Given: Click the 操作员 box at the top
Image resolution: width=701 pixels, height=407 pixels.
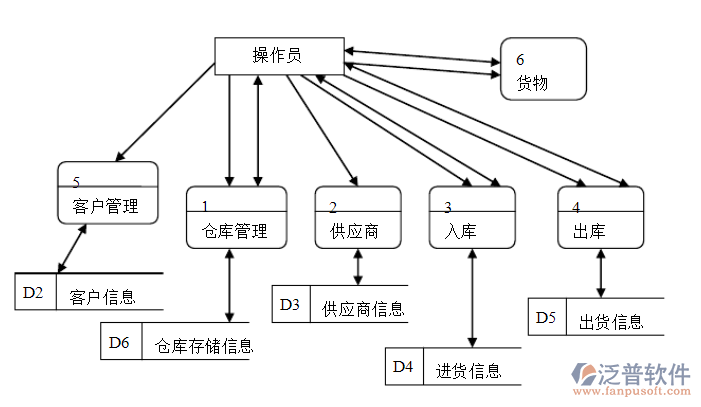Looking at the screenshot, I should pyautogui.click(x=279, y=54).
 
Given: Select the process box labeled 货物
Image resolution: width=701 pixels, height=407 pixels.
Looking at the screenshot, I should pyautogui.click(x=543, y=69).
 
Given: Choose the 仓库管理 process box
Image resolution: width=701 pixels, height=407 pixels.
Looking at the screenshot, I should pyautogui.click(x=235, y=217).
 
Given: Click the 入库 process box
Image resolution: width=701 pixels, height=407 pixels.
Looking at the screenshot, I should pyautogui.click(x=473, y=217).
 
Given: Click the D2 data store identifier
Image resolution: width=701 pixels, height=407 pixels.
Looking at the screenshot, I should pyautogui.click(x=33, y=293).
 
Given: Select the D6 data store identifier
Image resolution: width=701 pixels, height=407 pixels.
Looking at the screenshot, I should pyautogui.click(x=119, y=342).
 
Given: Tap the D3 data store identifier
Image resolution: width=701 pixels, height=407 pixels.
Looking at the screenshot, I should pyautogui.click(x=290, y=304).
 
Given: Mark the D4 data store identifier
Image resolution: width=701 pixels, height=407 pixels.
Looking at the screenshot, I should pyautogui.click(x=403, y=367).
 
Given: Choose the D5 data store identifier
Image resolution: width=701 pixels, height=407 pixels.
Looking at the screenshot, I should pyautogui.click(x=545, y=318).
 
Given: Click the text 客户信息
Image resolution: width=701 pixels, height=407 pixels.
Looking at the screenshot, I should pyautogui.click(x=102, y=297).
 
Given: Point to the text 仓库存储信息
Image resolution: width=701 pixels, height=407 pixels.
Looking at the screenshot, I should pyautogui.click(x=203, y=346).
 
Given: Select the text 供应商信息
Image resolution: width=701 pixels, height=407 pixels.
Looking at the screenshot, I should pyautogui.click(x=363, y=308).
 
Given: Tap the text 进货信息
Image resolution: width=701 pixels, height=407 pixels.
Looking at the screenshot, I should pyautogui.click(x=468, y=371).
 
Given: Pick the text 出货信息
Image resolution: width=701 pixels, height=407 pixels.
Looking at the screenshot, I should pyautogui.click(x=610, y=322).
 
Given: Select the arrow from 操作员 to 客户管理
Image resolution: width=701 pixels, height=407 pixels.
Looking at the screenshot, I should pyautogui.click(x=165, y=112).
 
